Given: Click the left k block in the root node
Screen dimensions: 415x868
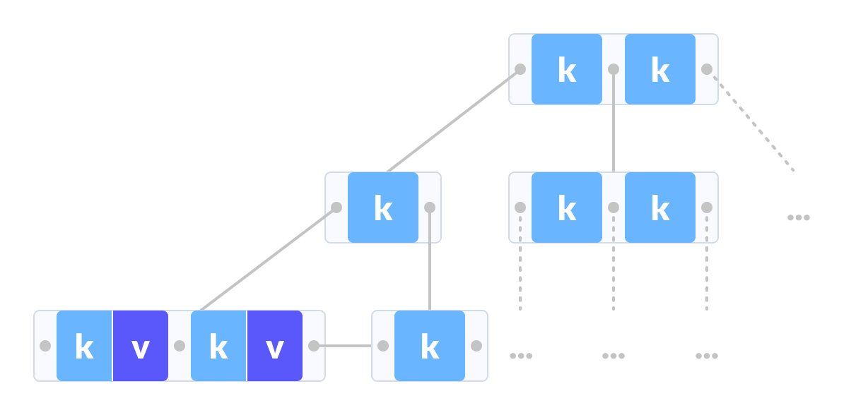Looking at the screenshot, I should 567,69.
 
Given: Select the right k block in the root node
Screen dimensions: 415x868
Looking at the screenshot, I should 660,69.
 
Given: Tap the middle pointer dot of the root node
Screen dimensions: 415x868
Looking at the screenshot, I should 614,69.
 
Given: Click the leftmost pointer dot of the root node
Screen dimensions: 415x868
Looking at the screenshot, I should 520,69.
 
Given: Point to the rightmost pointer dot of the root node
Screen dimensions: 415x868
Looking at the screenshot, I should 707,69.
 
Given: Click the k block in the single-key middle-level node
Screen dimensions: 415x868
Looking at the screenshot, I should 383,207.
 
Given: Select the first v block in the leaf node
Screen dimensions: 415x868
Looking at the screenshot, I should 141,346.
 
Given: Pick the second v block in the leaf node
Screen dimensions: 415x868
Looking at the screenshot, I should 275,346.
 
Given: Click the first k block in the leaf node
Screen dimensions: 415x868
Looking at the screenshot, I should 84,346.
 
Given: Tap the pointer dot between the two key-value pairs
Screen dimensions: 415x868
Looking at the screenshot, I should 180,346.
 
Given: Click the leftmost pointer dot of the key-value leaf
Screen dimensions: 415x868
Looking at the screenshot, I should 45,346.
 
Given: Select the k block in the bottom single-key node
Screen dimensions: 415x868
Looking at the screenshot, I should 430,346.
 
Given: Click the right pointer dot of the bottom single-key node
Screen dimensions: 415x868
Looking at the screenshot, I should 476,346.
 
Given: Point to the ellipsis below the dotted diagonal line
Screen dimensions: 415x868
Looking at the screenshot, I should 799,217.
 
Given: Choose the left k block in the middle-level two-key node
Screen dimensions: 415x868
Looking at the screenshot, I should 567,207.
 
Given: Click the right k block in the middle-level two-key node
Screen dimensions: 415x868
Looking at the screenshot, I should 660,207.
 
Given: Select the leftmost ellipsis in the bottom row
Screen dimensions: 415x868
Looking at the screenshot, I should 521,356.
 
